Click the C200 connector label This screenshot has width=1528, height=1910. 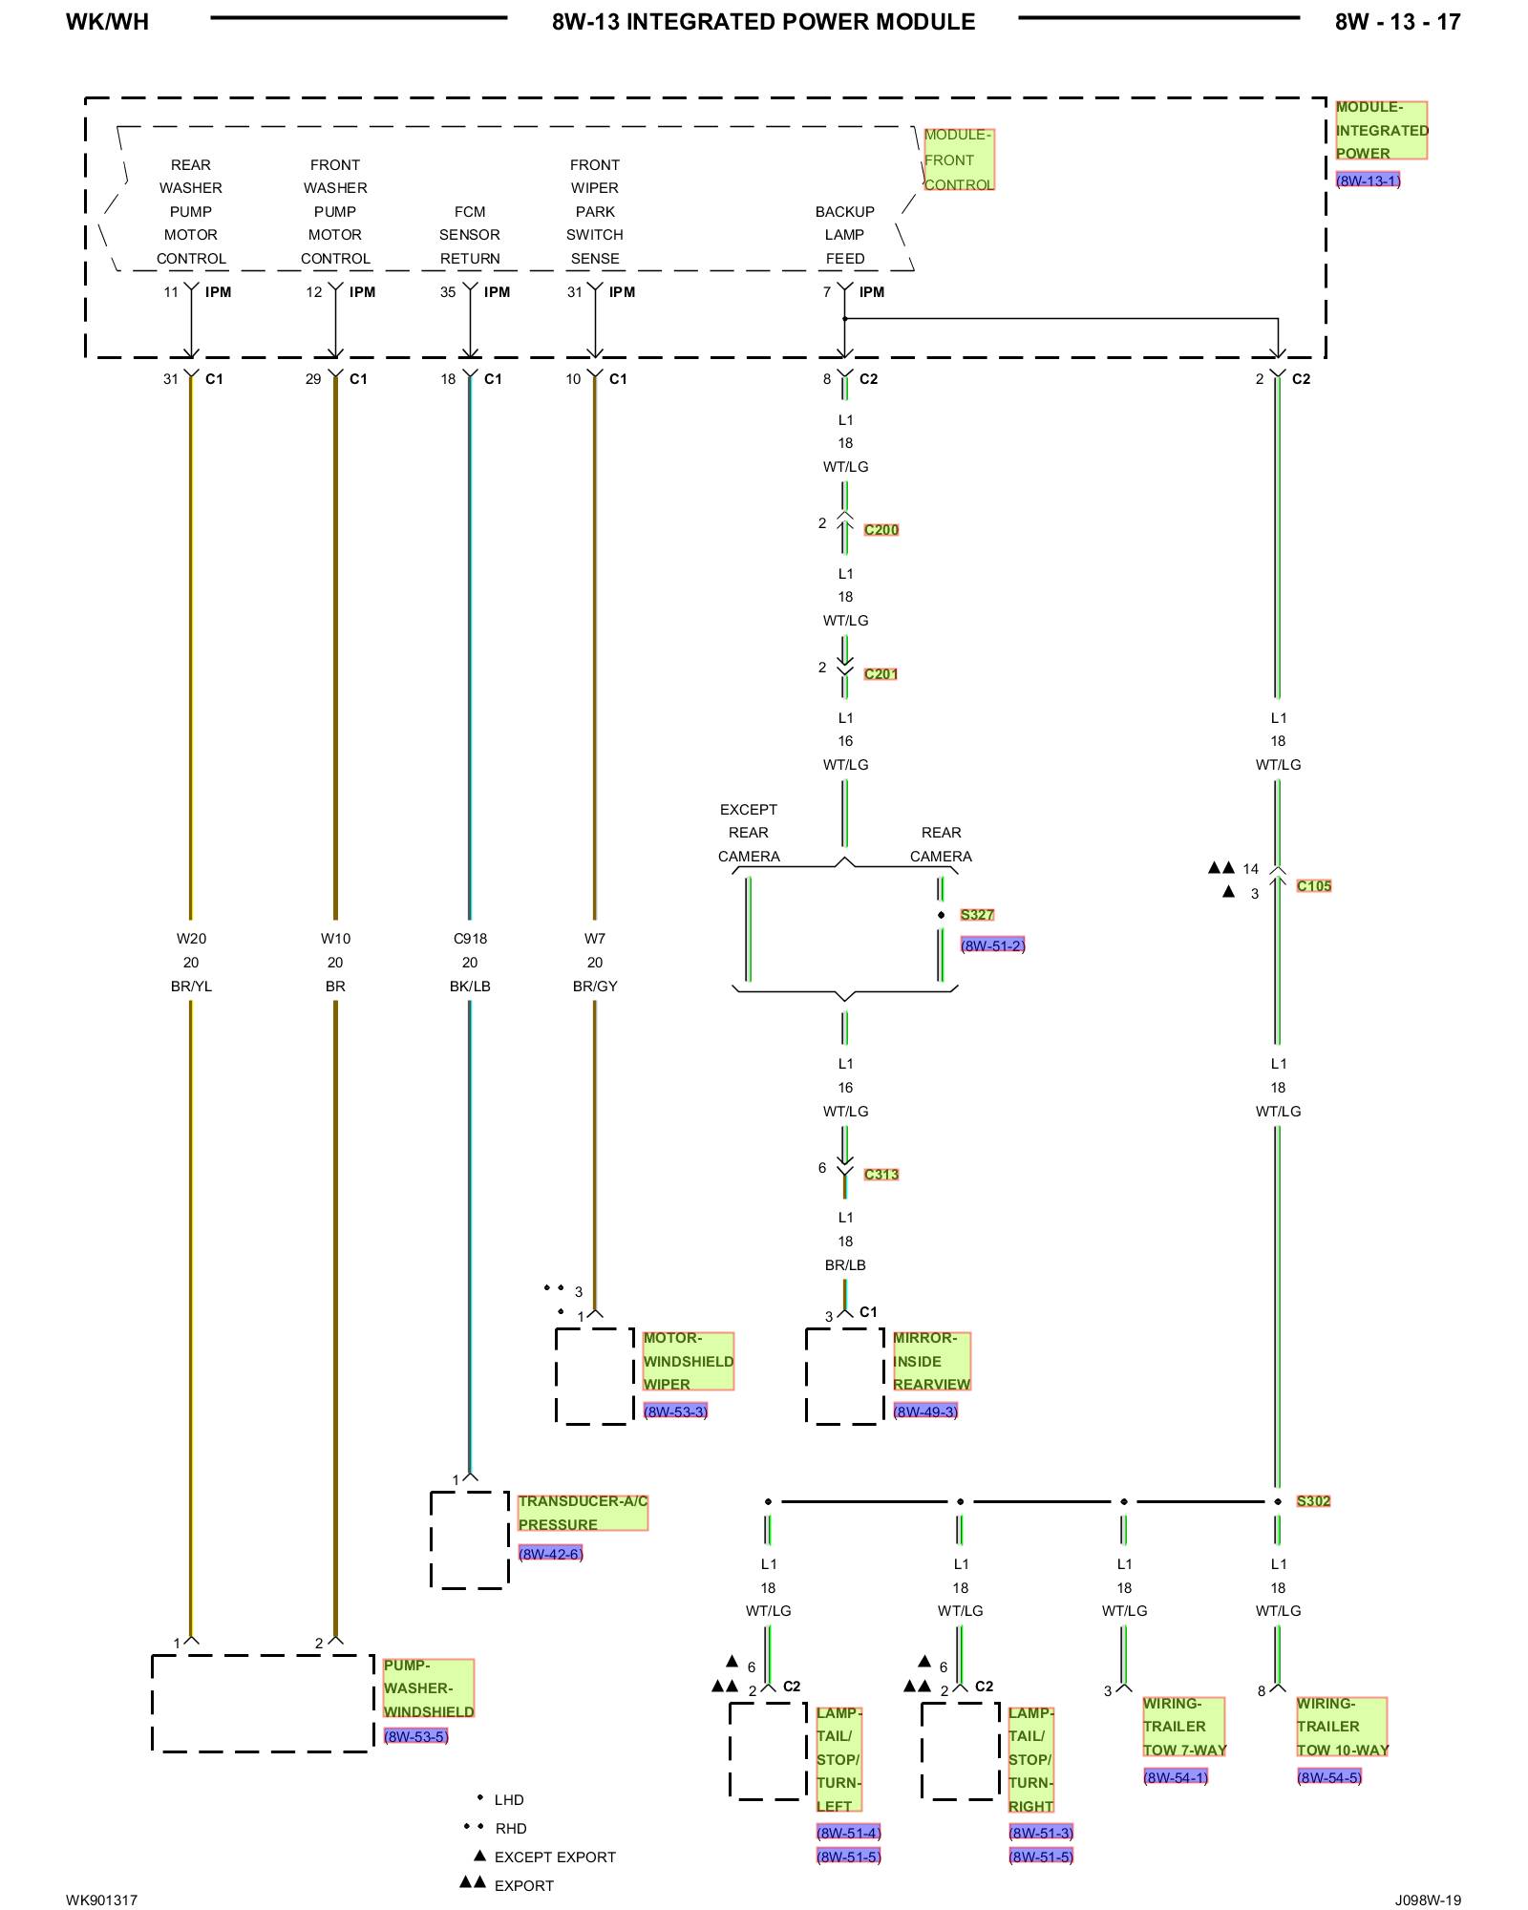(881, 530)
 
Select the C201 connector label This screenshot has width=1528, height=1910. (881, 674)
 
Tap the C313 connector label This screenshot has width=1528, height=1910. (881, 1175)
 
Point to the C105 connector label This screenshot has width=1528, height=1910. (1313, 886)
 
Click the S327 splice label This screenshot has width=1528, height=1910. (976, 915)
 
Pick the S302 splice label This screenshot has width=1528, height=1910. (1313, 1501)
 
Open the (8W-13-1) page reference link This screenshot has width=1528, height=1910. (1368, 180)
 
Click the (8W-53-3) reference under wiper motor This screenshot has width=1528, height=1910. (675, 1411)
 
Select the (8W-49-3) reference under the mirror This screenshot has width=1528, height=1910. (925, 1411)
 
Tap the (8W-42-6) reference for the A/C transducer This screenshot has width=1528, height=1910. (550, 1554)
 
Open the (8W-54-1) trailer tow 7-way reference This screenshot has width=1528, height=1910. (1176, 1777)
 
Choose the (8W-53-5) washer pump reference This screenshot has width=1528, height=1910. (415, 1736)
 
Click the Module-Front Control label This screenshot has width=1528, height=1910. (958, 160)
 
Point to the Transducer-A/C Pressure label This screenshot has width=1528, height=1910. (583, 1513)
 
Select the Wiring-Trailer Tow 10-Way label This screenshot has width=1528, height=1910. (1342, 1727)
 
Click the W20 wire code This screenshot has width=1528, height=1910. (191, 939)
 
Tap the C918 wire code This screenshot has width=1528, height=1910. (470, 939)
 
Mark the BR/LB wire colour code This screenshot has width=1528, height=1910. (845, 1265)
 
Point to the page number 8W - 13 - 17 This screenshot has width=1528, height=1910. (1397, 22)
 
